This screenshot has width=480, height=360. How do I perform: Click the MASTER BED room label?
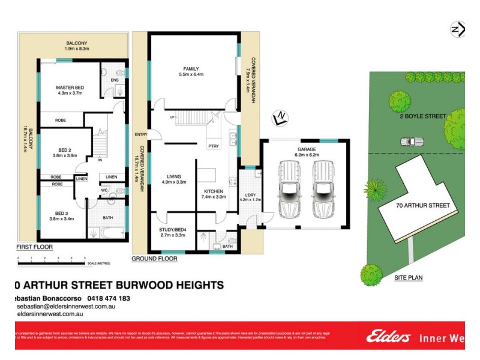(70, 88)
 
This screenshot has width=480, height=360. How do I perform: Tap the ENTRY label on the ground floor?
(142, 134)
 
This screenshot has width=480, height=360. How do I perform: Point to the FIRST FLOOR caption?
(34, 247)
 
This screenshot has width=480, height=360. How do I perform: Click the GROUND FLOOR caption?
(154, 259)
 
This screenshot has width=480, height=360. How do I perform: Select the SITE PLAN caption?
(409, 278)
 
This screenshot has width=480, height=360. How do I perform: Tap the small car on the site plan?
(411, 142)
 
